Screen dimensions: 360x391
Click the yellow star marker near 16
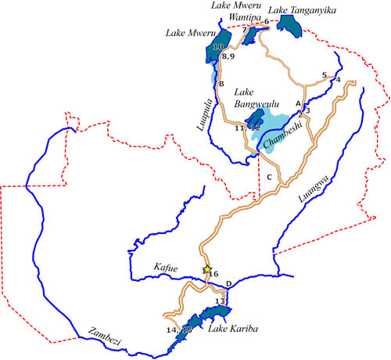coord(207,269)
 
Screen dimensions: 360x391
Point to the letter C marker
coord(269,178)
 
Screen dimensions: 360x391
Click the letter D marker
coord(228,283)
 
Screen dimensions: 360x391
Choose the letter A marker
coord(297,103)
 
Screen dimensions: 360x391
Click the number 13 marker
coord(220,301)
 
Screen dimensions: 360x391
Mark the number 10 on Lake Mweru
coord(217,48)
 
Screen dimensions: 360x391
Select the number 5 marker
coord(324,75)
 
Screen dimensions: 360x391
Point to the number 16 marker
coord(213,275)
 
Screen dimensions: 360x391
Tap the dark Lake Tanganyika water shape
coord(291,27)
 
